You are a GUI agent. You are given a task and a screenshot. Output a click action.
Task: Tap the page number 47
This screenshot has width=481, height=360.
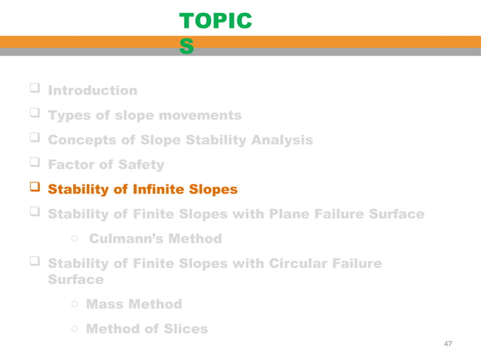[448, 343]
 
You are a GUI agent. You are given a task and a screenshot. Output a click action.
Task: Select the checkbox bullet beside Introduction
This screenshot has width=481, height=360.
[34, 90]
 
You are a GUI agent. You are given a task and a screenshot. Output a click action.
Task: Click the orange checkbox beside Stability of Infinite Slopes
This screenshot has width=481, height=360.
[34, 188]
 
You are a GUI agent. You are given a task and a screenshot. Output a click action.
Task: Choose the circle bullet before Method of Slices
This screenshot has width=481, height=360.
[75, 330]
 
